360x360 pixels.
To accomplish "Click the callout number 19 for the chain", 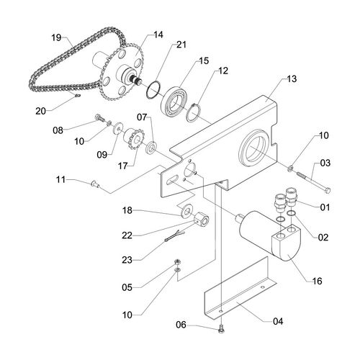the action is (56, 37).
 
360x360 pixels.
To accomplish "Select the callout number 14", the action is (158, 35).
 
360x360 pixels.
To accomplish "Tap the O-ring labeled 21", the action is (153, 90).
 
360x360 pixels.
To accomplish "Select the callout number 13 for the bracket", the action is (292, 78).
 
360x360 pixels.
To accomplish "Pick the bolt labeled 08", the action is (100, 117).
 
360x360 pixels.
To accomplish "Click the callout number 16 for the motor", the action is (317, 281).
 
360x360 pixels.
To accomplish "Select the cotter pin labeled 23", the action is (175, 236).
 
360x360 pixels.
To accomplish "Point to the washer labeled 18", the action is (186, 210).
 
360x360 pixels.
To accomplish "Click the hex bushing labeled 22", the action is (201, 220).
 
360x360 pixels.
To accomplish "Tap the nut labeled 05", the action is (178, 262).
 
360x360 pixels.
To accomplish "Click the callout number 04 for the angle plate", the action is (278, 321).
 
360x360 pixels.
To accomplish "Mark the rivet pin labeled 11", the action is (95, 184).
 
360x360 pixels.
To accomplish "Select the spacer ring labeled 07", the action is (151, 148).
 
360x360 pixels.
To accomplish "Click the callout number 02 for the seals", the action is (323, 237).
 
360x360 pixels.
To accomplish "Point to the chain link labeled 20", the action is (77, 96).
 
